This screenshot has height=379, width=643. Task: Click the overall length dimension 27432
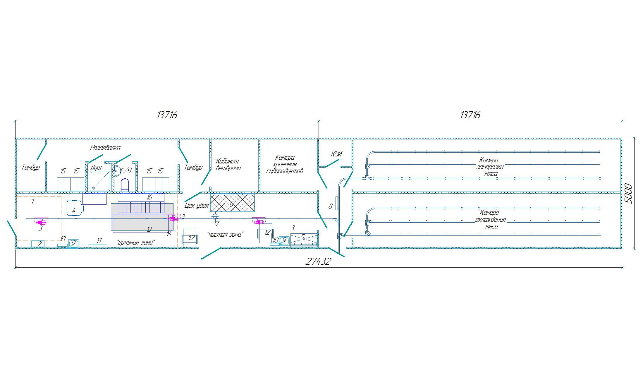318,261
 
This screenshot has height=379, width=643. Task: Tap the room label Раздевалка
105,148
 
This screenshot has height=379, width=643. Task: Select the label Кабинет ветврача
228,165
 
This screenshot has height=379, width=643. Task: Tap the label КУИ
336,154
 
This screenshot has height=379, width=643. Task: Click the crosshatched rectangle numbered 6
232,203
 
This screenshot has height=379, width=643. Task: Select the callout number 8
330,206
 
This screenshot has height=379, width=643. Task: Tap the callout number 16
149,197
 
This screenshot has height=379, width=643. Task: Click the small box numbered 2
38,244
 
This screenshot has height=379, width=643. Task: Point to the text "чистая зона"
225,235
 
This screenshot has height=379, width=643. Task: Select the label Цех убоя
197,205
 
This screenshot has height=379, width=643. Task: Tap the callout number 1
33,201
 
